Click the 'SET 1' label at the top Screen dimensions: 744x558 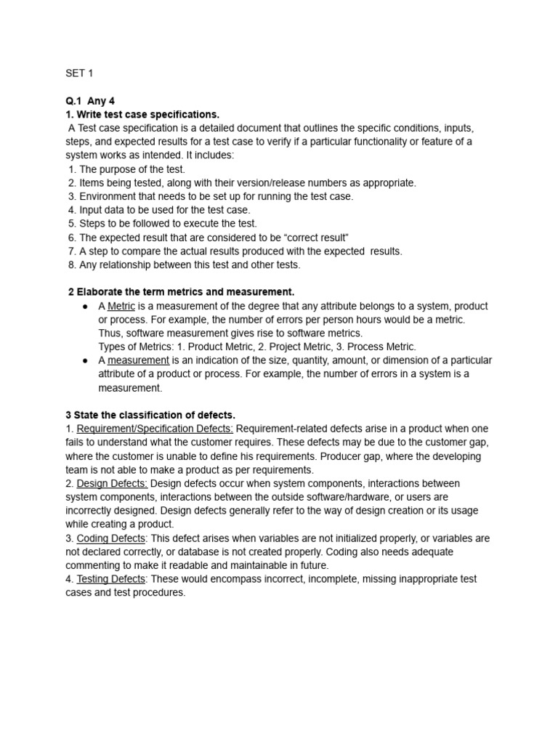[79, 73]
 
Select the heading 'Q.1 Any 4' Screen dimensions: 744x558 [90, 101]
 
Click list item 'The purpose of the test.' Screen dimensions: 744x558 [132, 169]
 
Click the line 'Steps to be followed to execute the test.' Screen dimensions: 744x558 [168, 224]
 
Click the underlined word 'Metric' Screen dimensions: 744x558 [121, 306]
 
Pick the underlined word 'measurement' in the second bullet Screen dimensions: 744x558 [138, 360]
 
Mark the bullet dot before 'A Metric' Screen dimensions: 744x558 [85, 307]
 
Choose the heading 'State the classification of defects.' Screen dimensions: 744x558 [154, 415]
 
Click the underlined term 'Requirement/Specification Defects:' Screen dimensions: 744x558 [155, 429]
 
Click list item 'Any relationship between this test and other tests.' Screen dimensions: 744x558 [190, 264]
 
